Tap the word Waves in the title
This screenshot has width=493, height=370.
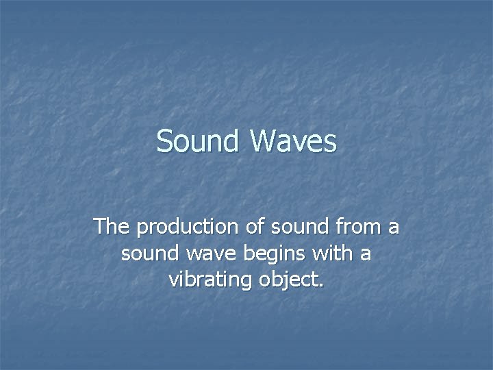coord(294,142)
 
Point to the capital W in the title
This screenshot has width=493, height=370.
coord(264,142)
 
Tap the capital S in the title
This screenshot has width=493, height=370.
coord(165,142)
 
